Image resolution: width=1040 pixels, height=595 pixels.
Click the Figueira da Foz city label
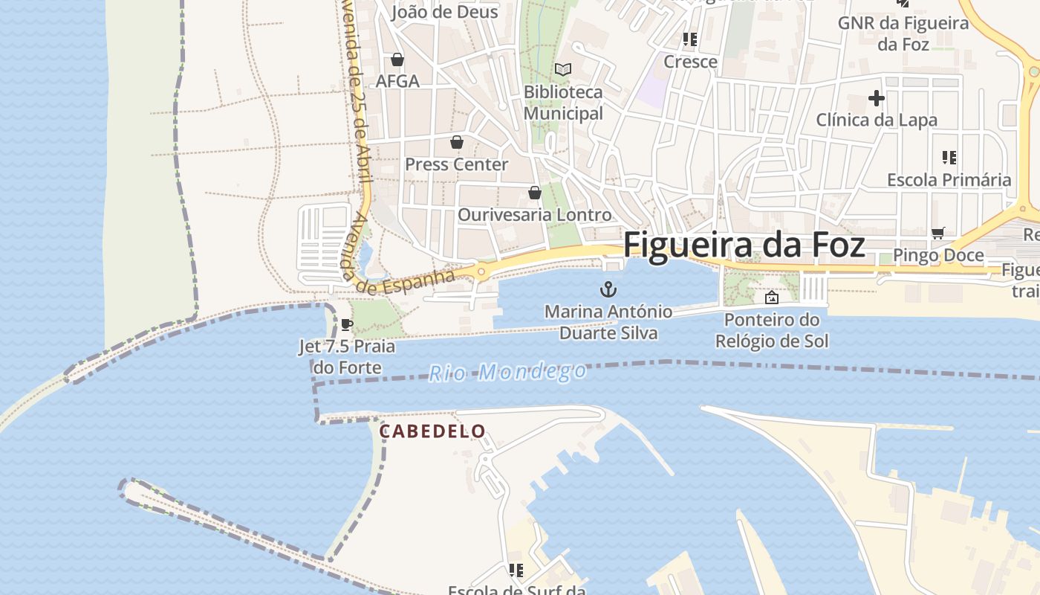pos(744,245)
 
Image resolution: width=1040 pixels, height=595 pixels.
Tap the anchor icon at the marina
pos(608,289)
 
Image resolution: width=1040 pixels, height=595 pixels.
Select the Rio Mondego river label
pos(507,372)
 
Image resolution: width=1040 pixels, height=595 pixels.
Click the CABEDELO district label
pos(432,431)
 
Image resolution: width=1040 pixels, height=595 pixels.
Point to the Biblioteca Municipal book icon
pos(563,69)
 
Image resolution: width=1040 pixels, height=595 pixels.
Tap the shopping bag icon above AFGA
pos(397,59)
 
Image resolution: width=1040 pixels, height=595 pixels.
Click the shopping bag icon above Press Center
pos(456,142)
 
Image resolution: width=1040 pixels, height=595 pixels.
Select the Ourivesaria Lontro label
pos(534,215)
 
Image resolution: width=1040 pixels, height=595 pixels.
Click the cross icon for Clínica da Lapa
pos(877,97)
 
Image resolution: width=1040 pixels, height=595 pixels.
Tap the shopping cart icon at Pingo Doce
pos(938,234)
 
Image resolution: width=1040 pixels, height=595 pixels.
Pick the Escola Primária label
pos(949,180)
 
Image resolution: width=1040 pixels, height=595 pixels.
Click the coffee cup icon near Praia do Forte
pos(346,324)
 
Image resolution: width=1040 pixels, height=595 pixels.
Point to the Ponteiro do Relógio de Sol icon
pos(772,298)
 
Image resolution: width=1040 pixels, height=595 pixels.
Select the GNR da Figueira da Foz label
pos(903,33)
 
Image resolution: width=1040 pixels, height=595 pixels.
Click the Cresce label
pos(690,62)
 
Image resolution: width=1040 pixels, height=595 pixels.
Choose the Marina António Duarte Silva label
pos(608,322)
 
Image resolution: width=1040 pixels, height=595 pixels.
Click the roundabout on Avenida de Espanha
pos(481,271)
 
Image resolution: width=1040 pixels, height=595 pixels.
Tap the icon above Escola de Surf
pos(516,570)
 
